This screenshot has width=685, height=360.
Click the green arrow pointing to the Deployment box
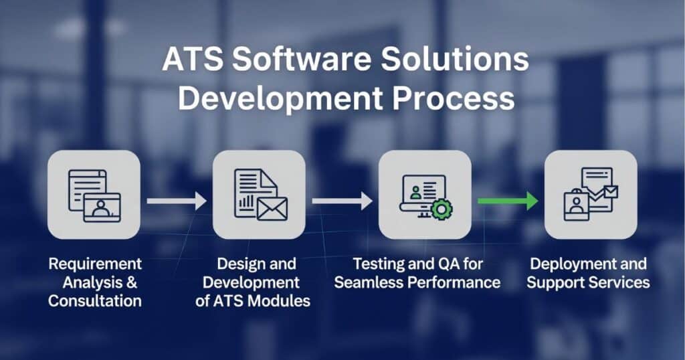pos(508,201)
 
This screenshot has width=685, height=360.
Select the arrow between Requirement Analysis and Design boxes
pos(177,201)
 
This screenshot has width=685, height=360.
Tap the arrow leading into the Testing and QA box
pos(342,201)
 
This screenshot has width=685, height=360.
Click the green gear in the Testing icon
pos(442,209)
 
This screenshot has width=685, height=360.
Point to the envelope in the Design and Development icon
pos(272,208)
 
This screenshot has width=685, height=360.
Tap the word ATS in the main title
pos(193,59)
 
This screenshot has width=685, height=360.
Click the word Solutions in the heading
pos(455,59)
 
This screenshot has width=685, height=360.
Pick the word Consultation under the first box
pos(95,300)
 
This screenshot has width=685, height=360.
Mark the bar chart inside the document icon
pos(247,201)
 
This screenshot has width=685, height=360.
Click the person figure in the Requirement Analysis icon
pos(101,208)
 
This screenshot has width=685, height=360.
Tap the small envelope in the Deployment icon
pos(610,191)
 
